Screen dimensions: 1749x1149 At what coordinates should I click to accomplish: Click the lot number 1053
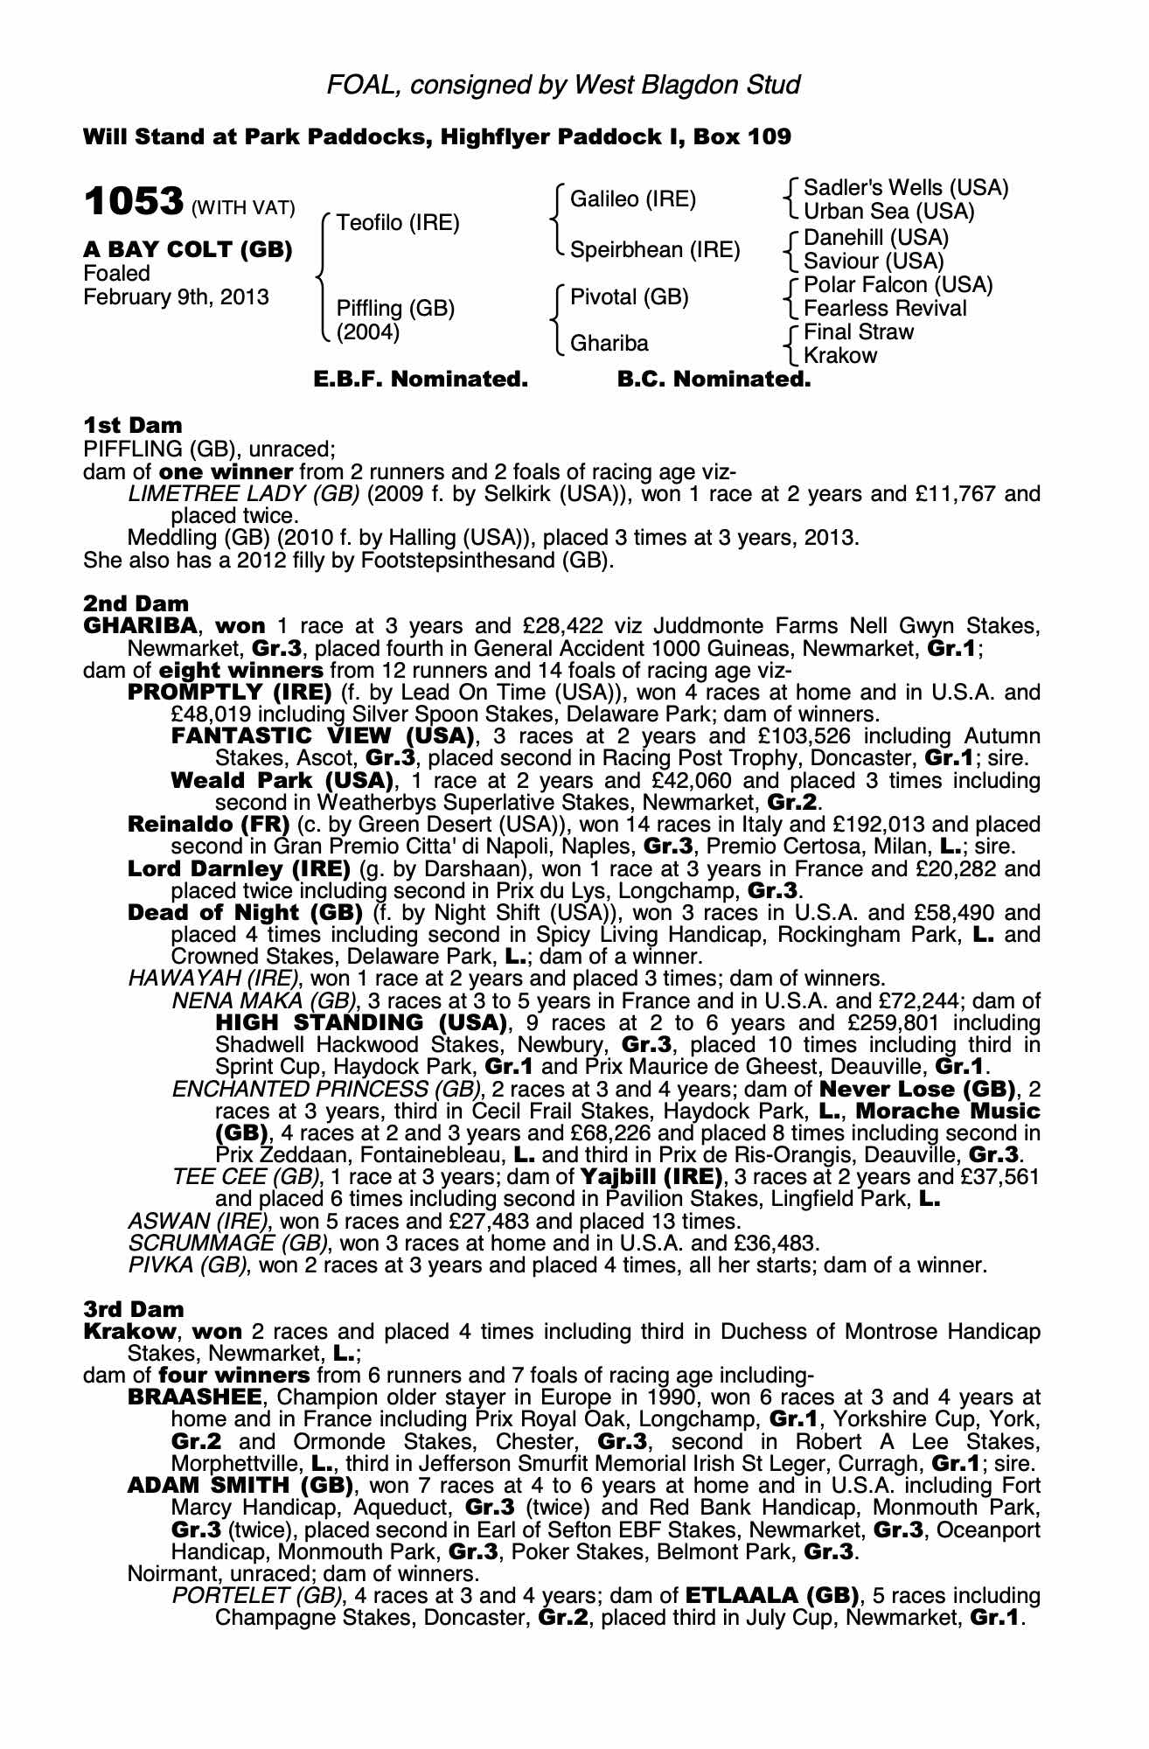[133, 203]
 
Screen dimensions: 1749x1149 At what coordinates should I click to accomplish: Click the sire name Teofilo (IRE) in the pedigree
[398, 223]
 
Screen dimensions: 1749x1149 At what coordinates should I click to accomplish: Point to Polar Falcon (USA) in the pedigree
[898, 285]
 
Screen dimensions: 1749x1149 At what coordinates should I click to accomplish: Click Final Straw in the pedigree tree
[859, 332]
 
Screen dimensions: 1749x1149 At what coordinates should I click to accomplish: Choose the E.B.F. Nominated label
[421, 380]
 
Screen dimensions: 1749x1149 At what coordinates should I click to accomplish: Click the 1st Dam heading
[133, 426]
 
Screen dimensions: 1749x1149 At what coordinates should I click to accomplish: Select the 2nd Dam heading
[136, 603]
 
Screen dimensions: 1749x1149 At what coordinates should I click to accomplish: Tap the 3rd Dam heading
[134, 1309]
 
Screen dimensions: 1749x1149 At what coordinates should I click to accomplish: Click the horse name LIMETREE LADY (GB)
[244, 494]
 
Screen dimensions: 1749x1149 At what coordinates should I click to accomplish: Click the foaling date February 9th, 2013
[176, 297]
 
